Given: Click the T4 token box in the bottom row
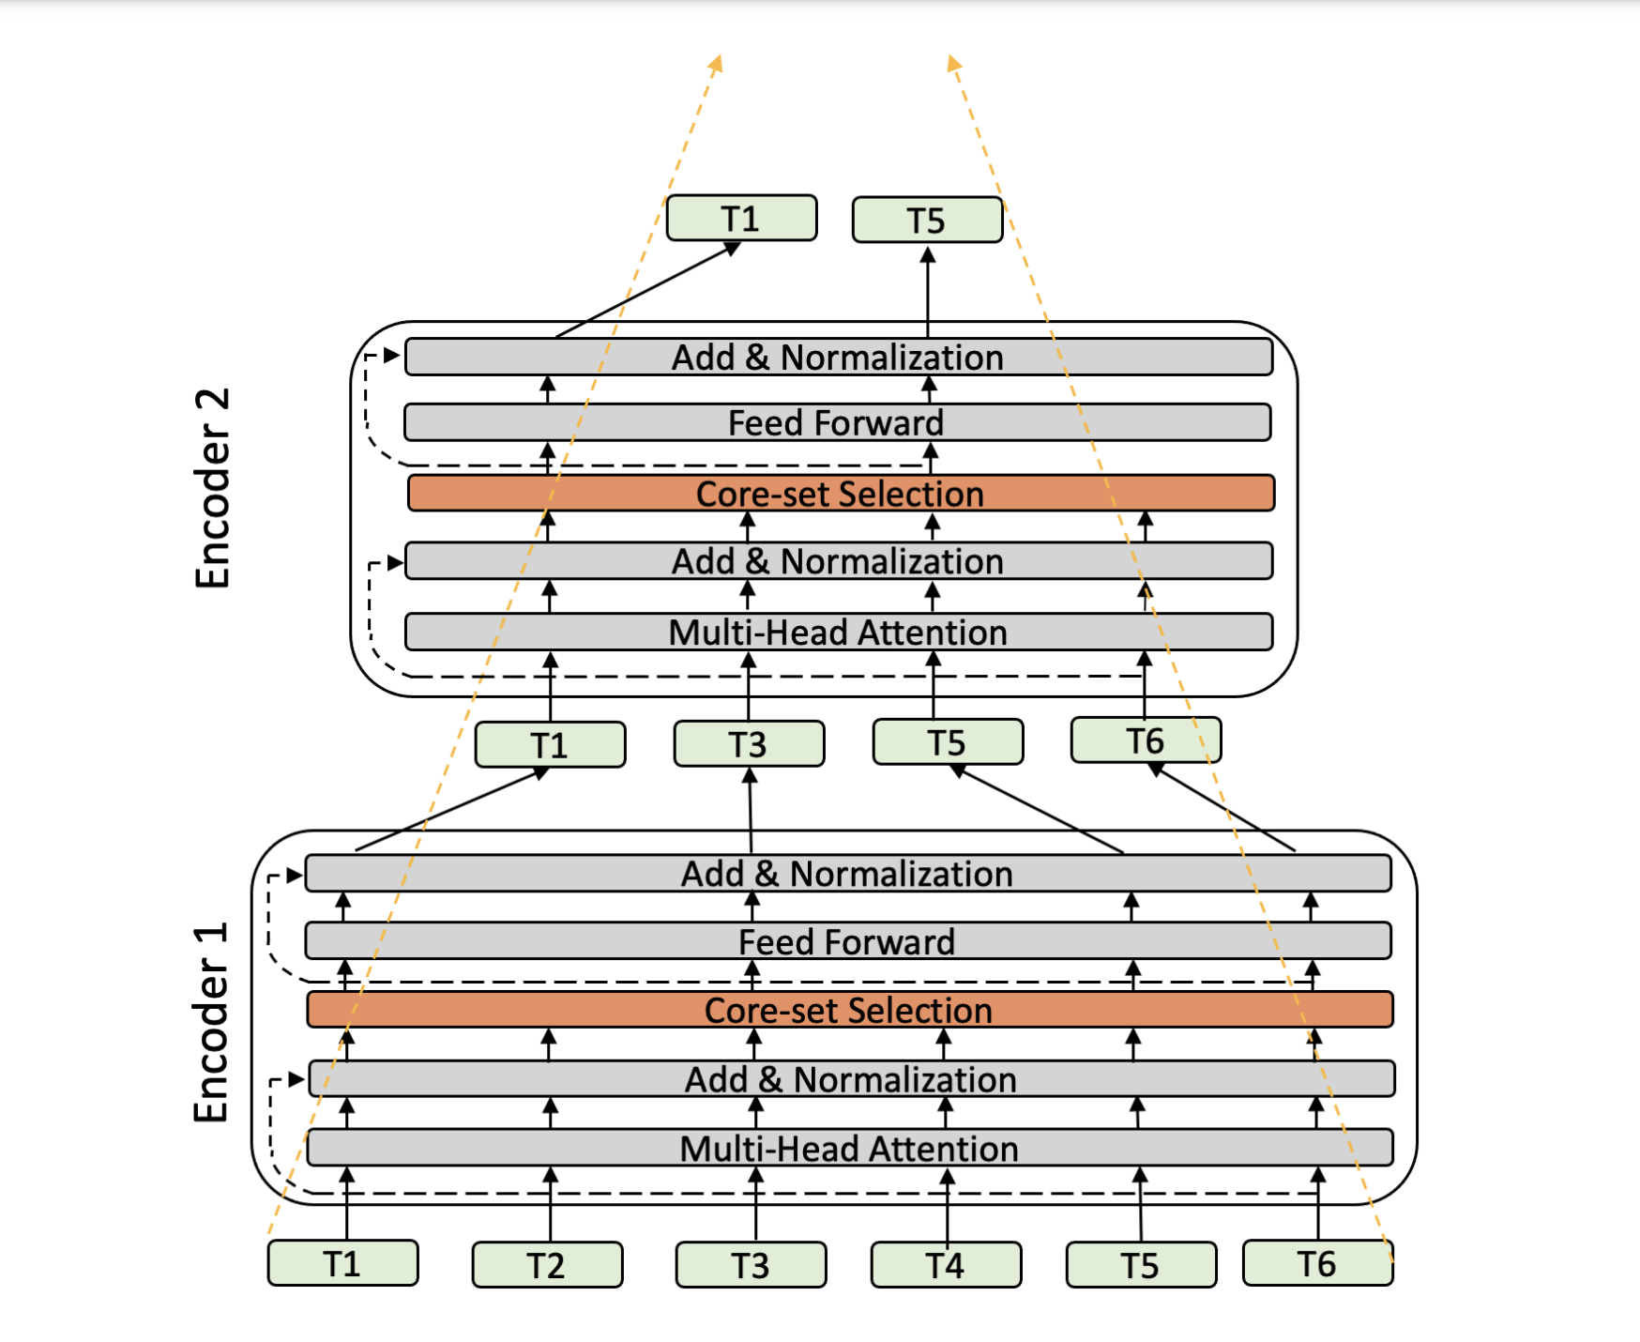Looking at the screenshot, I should point(946,1265).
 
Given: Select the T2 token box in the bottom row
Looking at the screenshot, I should point(547,1265).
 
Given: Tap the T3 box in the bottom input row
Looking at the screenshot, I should point(751,1265).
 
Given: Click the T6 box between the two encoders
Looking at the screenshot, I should point(1146,740).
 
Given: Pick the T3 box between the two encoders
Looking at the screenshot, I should point(749,744).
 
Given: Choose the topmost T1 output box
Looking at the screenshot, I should point(741,219).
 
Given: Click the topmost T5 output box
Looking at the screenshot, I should point(927,221).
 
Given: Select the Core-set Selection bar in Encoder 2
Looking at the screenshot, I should point(841,494).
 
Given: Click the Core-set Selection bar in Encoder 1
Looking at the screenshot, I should point(849,1010).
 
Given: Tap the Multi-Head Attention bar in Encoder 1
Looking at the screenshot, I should point(849,1148).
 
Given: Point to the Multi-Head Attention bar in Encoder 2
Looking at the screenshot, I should point(838,632).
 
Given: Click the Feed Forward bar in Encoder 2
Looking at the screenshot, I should point(837,422).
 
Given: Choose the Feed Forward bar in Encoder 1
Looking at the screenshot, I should point(847,941).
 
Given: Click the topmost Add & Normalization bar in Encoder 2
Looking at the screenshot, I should point(838,358).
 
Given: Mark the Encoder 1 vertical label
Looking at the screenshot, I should point(212,1023).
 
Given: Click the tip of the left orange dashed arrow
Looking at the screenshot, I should point(719,57).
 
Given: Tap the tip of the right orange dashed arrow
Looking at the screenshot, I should point(951,58).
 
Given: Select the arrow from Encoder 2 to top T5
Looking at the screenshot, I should point(928,291).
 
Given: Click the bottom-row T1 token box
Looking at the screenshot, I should point(342,1264).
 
